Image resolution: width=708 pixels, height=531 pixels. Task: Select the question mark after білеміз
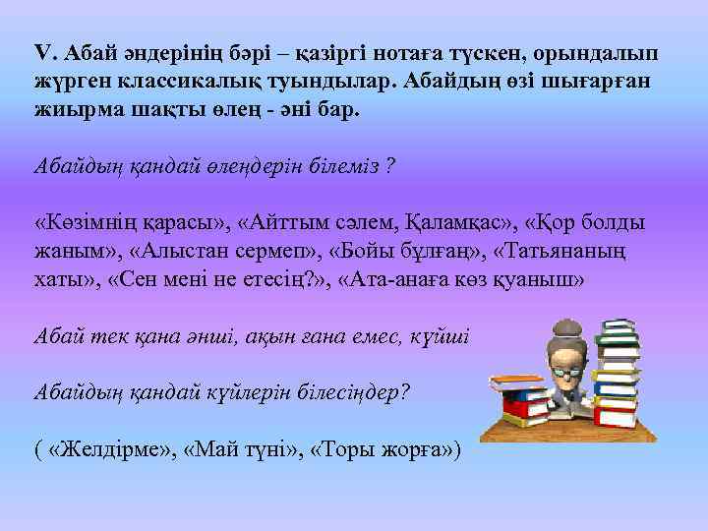tap(390, 166)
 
